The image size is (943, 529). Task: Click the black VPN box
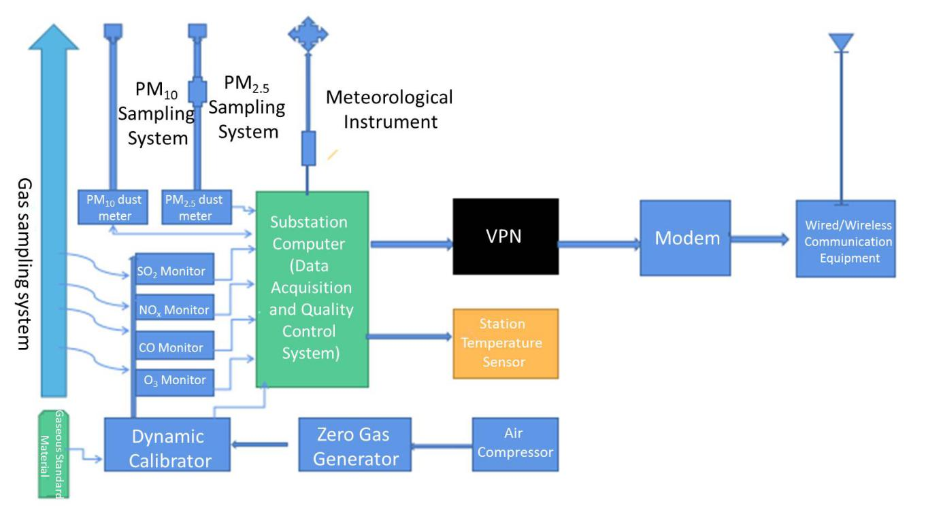pyautogui.click(x=506, y=236)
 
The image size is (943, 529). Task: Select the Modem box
pyautogui.click(x=685, y=238)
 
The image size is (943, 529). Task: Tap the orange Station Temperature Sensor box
pyautogui.click(x=506, y=343)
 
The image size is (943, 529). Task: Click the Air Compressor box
pyautogui.click(x=515, y=444)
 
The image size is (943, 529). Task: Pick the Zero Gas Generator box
pyautogui.click(x=355, y=445)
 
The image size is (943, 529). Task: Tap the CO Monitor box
pyautogui.click(x=175, y=347)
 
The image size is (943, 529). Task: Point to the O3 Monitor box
pyautogui.click(x=175, y=379)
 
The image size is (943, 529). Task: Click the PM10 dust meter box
pyautogui.click(x=114, y=207)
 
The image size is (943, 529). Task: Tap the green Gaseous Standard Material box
pyautogui.click(x=53, y=454)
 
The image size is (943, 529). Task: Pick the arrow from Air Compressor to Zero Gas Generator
pyautogui.click(x=442, y=446)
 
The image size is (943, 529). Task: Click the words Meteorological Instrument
pyautogui.click(x=389, y=109)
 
